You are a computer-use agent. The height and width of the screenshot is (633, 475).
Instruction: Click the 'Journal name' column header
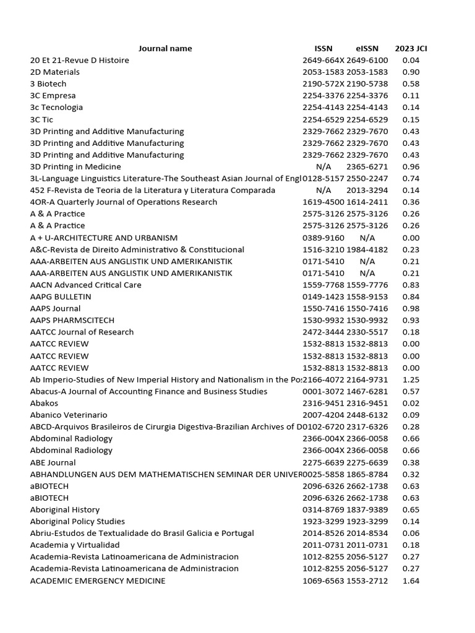[165, 48]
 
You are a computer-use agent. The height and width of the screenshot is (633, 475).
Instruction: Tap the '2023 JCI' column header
[411, 48]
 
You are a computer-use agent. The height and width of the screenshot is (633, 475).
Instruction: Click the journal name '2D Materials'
[55, 72]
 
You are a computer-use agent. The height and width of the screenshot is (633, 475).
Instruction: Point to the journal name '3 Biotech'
[48, 83]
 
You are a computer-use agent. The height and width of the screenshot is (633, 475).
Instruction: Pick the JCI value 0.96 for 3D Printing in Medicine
[411, 166]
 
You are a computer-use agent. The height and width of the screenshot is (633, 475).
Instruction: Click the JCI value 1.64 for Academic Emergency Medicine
[411, 580]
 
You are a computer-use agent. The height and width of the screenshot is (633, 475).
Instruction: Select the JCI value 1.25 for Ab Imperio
[411, 380]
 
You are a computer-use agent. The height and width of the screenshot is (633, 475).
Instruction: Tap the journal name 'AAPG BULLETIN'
[61, 297]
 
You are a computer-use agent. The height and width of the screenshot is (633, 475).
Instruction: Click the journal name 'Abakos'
[45, 403]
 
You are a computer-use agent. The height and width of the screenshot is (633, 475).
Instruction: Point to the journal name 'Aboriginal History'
[65, 509]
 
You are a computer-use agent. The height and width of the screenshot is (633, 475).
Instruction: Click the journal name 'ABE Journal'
[53, 462]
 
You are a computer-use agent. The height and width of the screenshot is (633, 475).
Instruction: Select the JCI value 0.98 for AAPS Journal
[411, 308]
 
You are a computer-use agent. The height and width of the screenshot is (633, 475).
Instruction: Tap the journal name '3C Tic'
[42, 119]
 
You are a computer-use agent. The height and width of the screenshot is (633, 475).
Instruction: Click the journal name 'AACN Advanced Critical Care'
[86, 285]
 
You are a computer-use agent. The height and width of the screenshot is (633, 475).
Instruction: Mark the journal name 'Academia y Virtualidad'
[75, 545]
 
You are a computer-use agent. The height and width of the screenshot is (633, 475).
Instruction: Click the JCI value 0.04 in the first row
[411, 60]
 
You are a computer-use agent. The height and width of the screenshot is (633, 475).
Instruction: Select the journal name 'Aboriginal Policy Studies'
[77, 521]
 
